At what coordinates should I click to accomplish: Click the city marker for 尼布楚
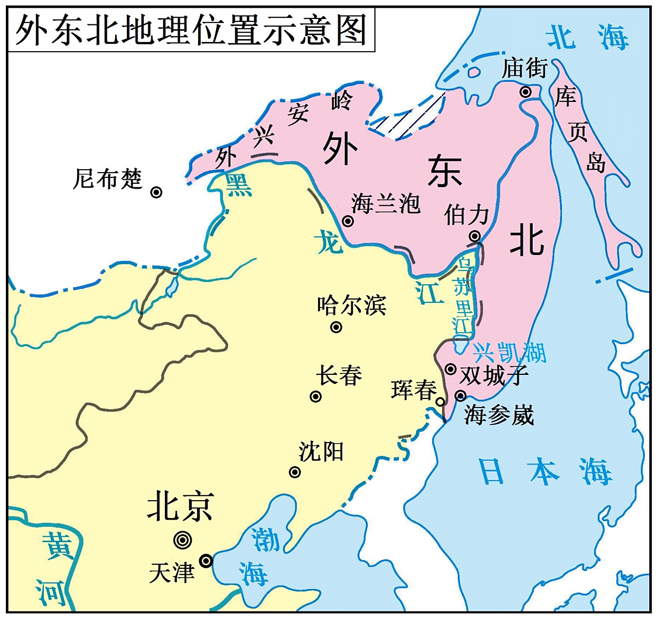(x=156, y=193)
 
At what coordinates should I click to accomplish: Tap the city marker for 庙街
(x=525, y=92)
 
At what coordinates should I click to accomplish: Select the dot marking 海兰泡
(x=348, y=221)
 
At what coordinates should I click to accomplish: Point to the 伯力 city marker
(x=475, y=236)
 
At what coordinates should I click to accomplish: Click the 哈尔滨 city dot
(x=336, y=327)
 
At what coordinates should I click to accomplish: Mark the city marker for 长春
(x=316, y=396)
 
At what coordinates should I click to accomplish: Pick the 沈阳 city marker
(x=295, y=472)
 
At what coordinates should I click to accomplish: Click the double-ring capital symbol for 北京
(x=182, y=540)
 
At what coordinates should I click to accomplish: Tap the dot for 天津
(x=206, y=561)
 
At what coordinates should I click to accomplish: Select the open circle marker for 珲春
(x=441, y=402)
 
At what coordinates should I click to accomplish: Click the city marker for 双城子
(x=451, y=369)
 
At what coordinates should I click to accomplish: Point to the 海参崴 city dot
(x=461, y=395)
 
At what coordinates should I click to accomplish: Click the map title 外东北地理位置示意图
(x=191, y=30)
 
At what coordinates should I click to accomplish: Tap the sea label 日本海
(x=545, y=471)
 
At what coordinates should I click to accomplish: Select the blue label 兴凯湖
(x=509, y=352)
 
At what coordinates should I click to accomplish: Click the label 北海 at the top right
(x=587, y=38)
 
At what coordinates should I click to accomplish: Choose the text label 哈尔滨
(x=352, y=305)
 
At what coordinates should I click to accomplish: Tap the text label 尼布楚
(x=107, y=179)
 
